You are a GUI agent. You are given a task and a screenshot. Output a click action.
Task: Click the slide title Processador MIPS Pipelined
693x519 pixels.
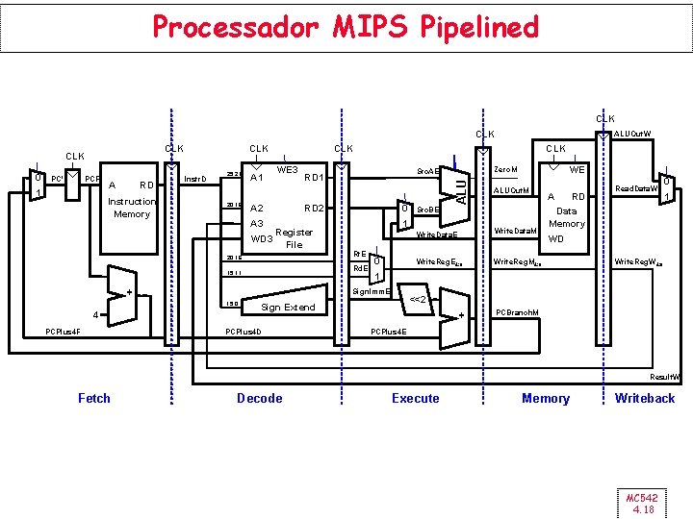tap(346, 27)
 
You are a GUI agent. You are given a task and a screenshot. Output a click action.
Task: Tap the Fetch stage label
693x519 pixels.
tap(94, 398)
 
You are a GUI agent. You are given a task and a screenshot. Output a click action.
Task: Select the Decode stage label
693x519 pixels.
tap(260, 398)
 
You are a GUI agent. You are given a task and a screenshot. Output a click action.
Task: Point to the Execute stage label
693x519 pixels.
tap(416, 398)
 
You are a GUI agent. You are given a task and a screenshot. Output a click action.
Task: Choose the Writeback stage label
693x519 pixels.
tap(645, 398)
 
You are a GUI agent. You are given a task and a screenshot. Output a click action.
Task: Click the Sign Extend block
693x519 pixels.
tap(289, 308)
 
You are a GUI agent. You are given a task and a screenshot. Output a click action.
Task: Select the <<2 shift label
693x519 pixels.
tap(420, 299)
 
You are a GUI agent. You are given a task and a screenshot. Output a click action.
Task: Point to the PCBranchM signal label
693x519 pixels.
tap(516, 311)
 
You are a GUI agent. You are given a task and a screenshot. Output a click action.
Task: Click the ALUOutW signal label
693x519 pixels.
tap(632, 134)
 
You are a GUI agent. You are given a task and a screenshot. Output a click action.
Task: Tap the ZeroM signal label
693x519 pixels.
tap(505, 169)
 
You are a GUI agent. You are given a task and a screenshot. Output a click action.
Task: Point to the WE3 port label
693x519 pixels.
tap(287, 169)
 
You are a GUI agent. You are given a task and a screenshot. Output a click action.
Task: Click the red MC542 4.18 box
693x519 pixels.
tap(640, 503)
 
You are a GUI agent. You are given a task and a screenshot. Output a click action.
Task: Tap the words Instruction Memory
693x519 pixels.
tap(131, 208)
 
